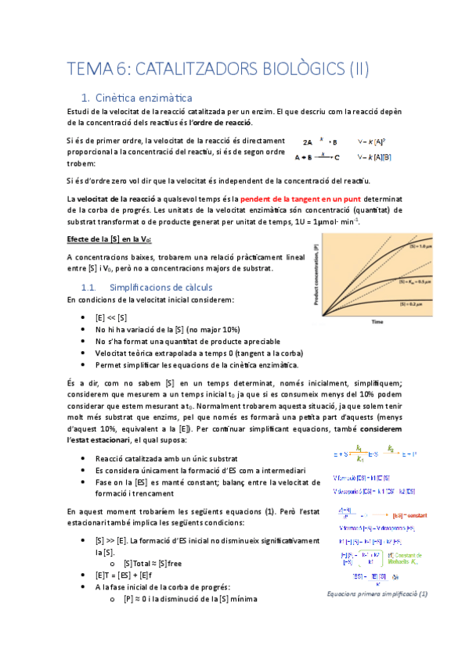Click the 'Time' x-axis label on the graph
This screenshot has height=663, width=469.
377,321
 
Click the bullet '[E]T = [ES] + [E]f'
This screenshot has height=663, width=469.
125,574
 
